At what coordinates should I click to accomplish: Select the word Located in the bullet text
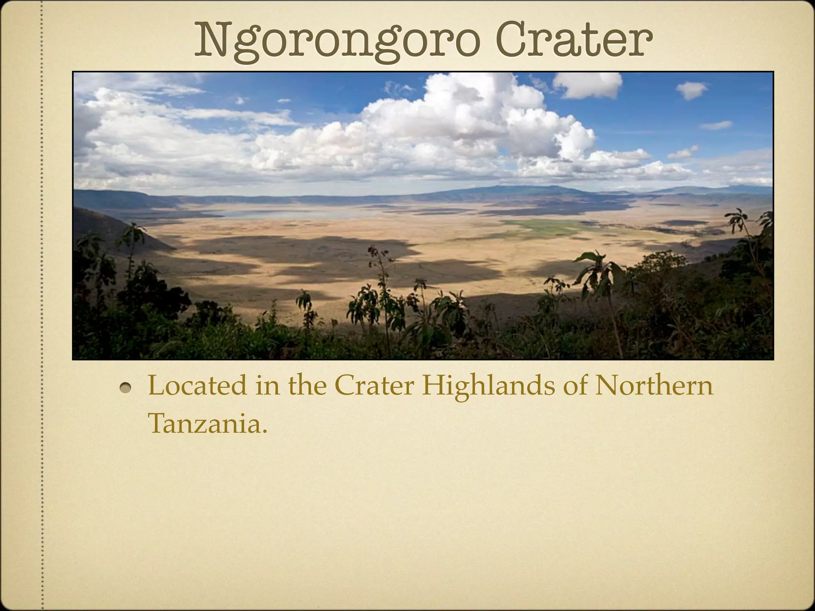point(197,386)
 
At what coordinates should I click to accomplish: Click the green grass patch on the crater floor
point(545,227)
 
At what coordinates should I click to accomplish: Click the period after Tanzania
point(263,431)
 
